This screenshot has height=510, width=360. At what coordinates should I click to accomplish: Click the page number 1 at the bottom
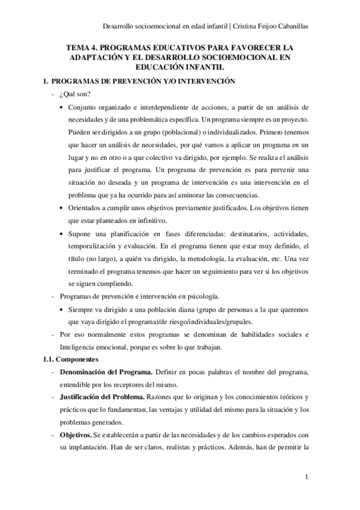tap(307, 478)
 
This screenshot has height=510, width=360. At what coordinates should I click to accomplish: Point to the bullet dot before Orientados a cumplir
tap(64, 207)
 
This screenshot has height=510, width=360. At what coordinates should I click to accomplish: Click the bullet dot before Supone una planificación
tap(64, 233)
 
